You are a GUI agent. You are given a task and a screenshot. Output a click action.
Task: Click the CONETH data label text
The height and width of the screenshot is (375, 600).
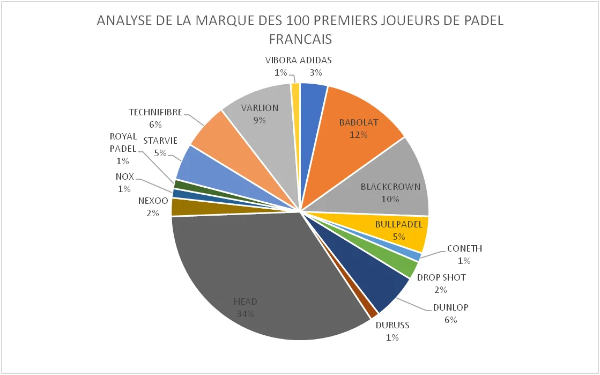[464, 248]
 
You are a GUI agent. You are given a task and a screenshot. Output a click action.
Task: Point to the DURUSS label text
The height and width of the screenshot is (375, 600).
[392, 325]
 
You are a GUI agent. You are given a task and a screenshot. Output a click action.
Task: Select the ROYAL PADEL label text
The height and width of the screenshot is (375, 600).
[123, 143]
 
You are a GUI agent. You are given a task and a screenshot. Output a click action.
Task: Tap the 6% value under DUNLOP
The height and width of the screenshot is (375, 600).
[450, 320]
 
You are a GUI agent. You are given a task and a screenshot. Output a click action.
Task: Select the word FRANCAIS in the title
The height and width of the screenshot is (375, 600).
[300, 39]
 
